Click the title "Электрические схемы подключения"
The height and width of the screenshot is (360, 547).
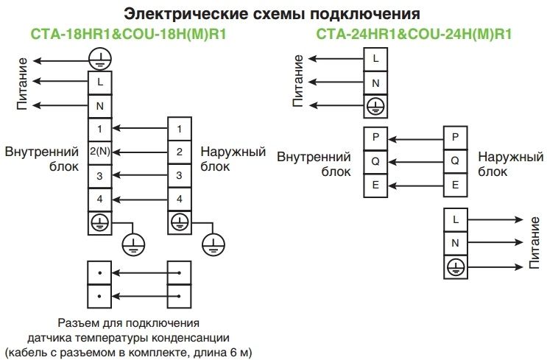coord(272,14)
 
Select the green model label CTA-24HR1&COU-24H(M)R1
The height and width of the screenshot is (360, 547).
coord(414,34)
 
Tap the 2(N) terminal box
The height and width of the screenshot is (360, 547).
coord(99,152)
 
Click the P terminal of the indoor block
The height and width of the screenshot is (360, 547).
coord(375,137)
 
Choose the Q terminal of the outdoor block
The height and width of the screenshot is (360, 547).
coord(455,160)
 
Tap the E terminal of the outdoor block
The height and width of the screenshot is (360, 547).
coord(455,185)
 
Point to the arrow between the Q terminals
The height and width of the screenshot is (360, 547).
coord(415,160)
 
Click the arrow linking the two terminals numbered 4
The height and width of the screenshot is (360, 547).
coord(139,199)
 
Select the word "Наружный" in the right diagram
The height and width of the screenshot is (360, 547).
coord(510,157)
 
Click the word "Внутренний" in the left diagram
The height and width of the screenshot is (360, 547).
coord(42,152)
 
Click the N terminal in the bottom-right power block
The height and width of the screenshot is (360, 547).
coord(455,243)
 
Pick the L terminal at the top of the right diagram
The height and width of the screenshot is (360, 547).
coord(375,59)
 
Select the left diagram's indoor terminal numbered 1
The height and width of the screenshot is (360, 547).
coord(99,130)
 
